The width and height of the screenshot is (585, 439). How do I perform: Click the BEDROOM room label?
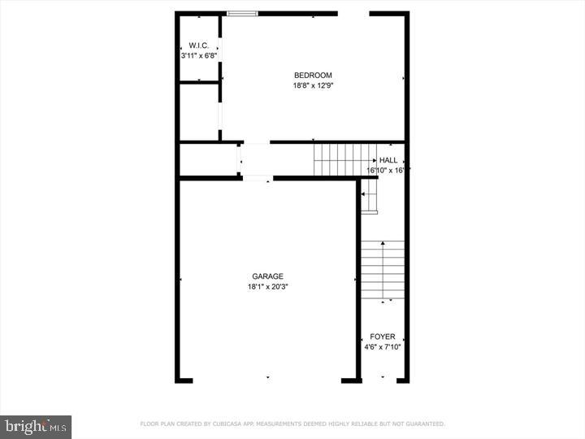click(313, 76)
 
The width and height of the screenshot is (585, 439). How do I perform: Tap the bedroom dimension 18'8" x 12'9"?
click(313, 85)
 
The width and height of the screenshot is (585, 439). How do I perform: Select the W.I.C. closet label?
click(198, 46)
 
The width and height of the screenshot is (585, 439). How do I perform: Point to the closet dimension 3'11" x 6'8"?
click(198, 55)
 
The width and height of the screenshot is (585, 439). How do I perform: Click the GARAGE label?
click(266, 276)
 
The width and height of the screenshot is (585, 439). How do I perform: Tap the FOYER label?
click(382, 337)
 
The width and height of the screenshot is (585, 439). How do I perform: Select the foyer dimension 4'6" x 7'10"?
click(382, 347)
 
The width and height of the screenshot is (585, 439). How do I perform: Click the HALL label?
click(388, 161)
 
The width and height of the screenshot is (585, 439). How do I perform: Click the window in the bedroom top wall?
click(242, 13)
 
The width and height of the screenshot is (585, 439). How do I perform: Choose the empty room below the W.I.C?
click(198, 111)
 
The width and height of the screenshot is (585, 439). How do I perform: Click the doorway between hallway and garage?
click(257, 177)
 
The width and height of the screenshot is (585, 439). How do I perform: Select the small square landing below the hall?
click(370, 196)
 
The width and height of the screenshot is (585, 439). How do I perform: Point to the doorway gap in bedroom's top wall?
click(353, 13)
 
